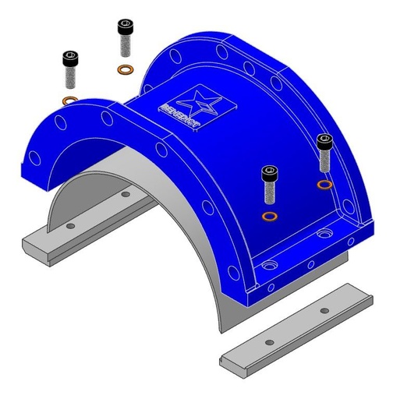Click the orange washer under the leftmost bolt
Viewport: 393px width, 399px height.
point(69,100)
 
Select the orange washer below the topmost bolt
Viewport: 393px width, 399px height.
point(124,70)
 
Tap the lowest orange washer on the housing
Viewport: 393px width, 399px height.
point(270,215)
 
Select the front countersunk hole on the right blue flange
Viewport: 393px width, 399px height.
point(270,267)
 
